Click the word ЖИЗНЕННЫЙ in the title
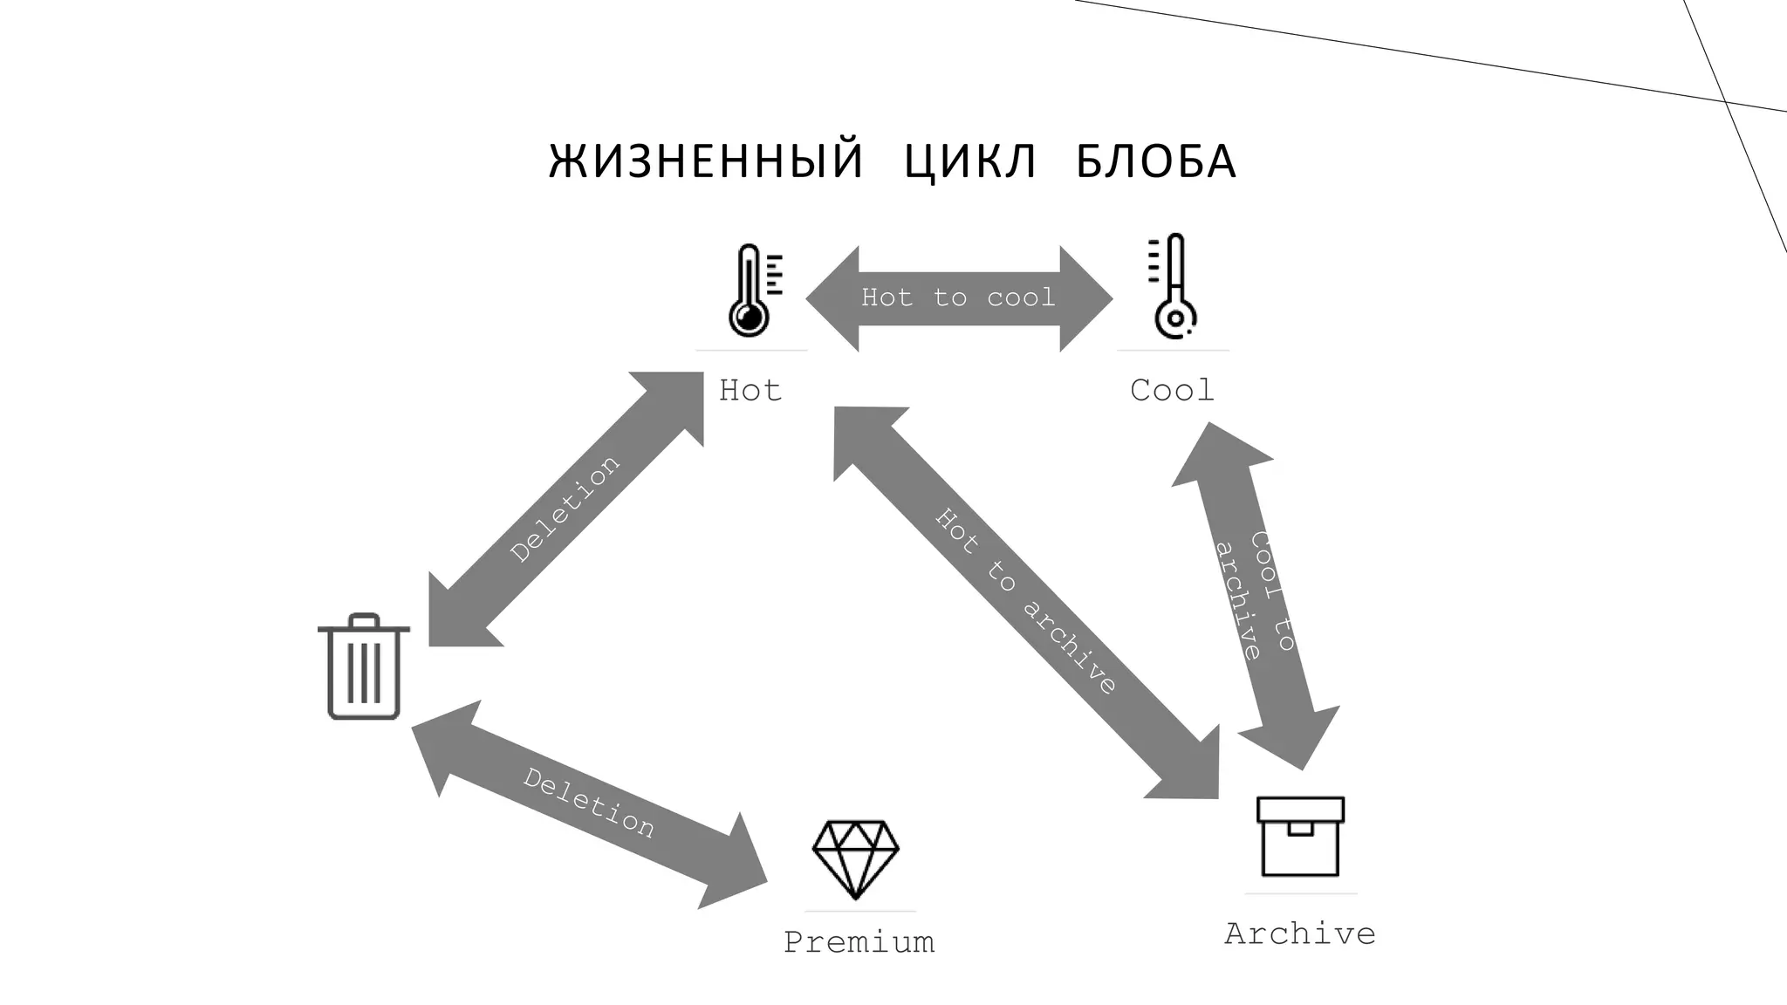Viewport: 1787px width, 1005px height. tap(706, 161)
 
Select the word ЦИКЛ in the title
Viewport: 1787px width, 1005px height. tap(970, 161)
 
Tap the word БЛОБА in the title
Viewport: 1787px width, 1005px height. tap(1156, 161)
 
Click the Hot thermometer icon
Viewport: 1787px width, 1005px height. tap(751, 291)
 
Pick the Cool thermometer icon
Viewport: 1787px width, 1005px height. tap(1174, 285)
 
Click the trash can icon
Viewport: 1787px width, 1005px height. tap(364, 667)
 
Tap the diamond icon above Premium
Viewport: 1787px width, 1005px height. tap(855, 858)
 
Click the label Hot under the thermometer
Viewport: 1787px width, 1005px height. tap(750, 390)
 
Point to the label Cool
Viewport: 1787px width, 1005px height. tap(1172, 390)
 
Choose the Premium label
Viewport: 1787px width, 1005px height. tap(859, 942)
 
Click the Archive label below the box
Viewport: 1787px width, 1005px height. tap(1300, 933)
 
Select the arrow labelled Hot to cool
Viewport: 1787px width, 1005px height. tap(959, 298)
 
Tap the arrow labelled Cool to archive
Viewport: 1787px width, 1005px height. tap(1256, 596)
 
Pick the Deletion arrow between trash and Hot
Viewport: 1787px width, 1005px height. tap(566, 509)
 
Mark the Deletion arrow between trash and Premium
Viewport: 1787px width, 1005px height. tap(589, 803)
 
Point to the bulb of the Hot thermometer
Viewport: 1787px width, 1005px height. tap(749, 318)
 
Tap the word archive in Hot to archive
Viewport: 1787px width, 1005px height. tap(1069, 646)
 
